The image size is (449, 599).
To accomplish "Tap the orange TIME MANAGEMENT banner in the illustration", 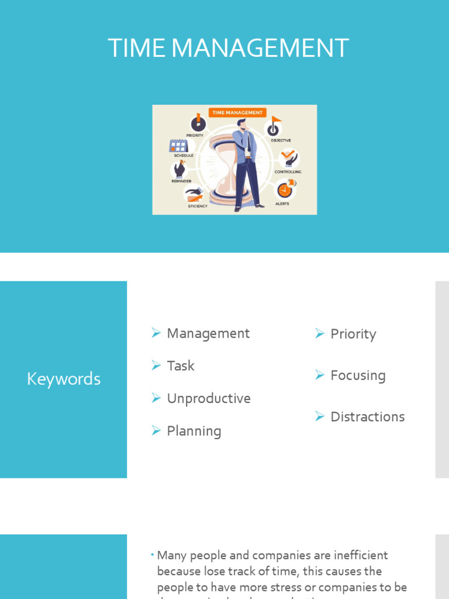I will (237, 112).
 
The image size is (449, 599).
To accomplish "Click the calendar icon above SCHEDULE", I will (178, 146).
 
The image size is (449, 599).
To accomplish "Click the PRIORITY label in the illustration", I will (195, 135).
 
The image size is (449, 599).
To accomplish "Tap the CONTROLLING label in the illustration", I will (288, 172).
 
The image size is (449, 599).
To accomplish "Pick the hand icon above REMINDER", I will (179, 170).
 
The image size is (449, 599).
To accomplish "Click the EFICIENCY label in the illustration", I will (198, 206).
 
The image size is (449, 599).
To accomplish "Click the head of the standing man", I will (241, 124).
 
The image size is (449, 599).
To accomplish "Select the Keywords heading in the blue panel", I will (64, 379).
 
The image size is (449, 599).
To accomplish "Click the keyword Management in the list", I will (208, 333).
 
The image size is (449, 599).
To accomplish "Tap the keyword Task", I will (181, 366).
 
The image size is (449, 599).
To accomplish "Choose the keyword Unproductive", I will (209, 398).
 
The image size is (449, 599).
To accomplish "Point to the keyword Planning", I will (194, 431).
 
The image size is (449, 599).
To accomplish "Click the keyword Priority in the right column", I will (353, 334).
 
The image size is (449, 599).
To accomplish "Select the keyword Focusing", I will (358, 376).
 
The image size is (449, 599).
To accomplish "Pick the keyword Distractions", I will (367, 416).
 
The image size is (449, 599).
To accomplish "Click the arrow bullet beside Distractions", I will (320, 416).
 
